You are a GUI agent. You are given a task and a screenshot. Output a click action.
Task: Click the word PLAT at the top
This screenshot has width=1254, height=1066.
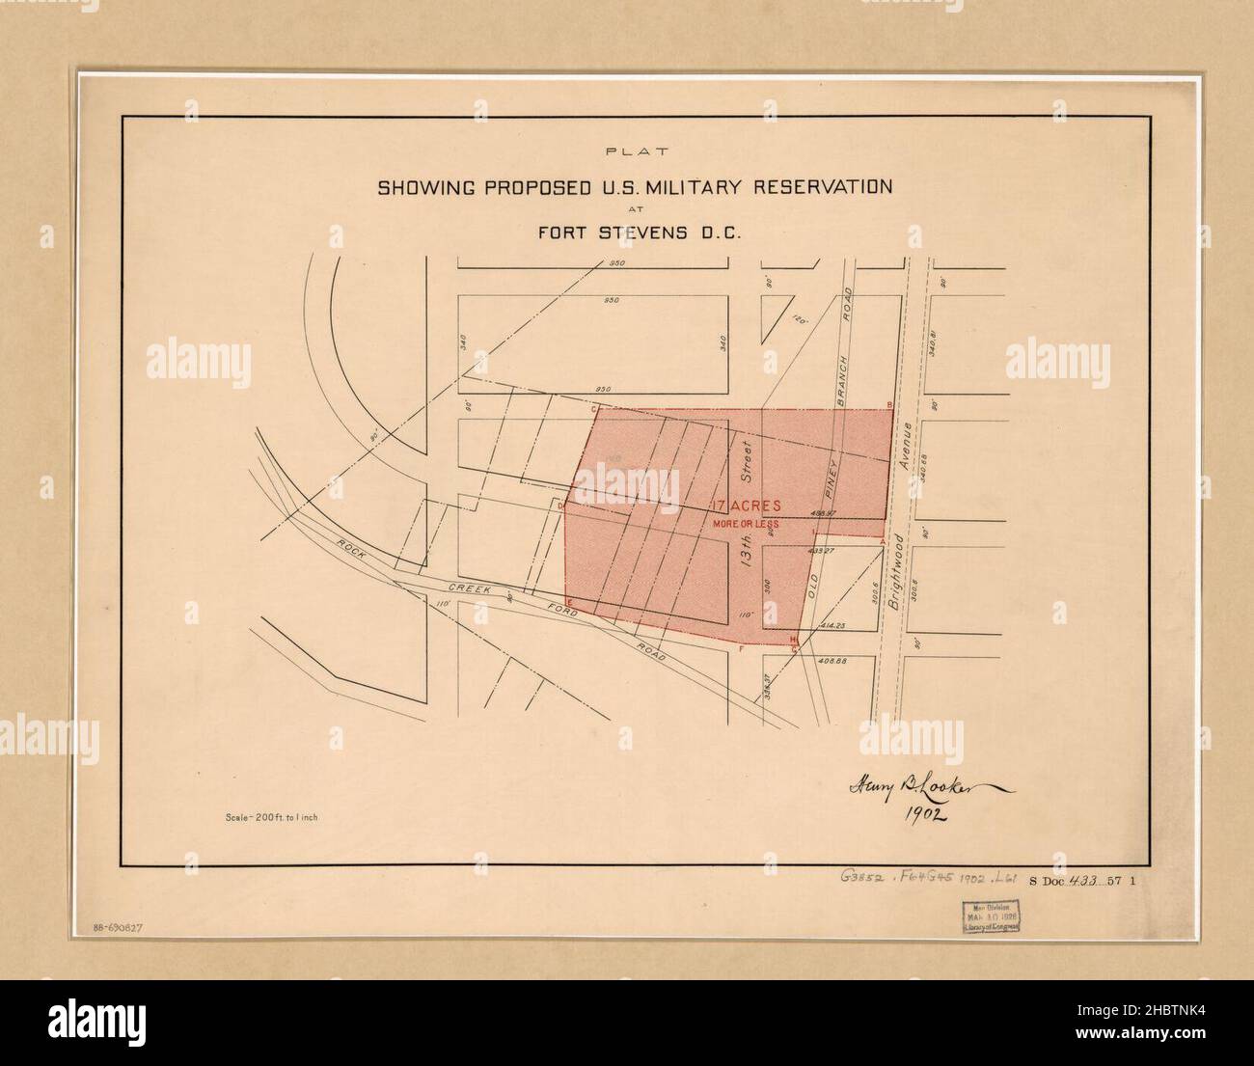tap(636, 151)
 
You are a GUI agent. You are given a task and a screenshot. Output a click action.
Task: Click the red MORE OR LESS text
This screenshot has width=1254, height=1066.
tap(745, 524)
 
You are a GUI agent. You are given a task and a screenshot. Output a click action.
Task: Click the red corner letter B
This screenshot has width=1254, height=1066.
tap(889, 404)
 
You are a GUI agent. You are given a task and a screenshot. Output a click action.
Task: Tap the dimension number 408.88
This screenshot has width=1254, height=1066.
tap(831, 661)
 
